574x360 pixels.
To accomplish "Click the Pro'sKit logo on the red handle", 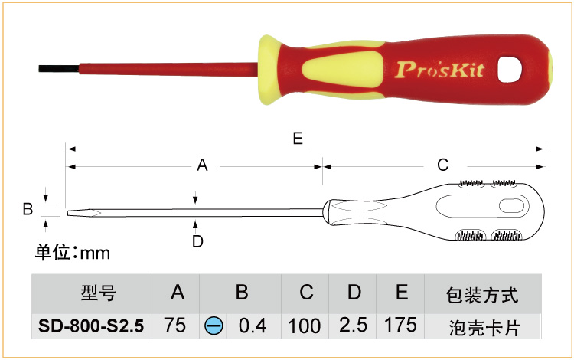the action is tap(440, 70).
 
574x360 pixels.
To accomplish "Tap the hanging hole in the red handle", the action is tap(509, 69).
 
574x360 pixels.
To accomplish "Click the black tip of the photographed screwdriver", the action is tap(59, 69).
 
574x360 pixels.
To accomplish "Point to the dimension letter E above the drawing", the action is tap(298, 139).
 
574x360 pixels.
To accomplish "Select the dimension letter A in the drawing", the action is tap(202, 165).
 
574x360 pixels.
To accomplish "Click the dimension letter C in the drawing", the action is tap(442, 165).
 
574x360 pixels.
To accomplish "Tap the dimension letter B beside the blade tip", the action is tap(28, 209).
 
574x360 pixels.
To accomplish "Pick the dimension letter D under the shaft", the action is tap(197, 241).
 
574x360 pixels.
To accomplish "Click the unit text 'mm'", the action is tap(95, 254).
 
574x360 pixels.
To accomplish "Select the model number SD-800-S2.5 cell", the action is tap(91, 326).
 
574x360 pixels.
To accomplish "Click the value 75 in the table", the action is tap(175, 326).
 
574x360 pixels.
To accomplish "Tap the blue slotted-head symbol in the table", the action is tap(214, 326).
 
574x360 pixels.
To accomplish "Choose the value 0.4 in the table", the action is tap(253, 326).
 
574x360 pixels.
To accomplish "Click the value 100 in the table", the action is tap(305, 326).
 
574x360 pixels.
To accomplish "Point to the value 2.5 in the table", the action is tap(354, 326).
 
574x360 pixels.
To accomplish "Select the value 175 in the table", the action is tap(400, 326).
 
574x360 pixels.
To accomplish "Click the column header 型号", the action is tap(99, 293).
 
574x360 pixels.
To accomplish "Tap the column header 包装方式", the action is tap(482, 295).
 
